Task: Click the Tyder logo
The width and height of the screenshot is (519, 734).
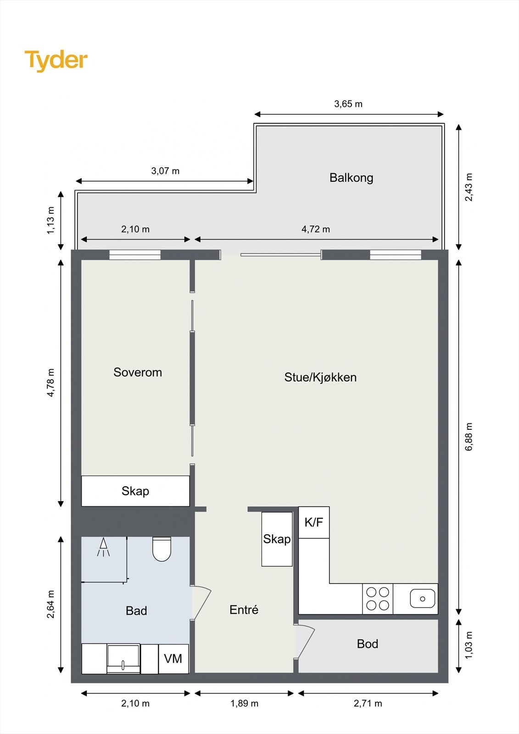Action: (x=56, y=61)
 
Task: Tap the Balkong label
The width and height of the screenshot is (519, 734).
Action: (x=351, y=178)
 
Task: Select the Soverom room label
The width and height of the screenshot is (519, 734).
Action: (x=138, y=373)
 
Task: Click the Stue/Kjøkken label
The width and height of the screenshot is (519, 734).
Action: (x=320, y=378)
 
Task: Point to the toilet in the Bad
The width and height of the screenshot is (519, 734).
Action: (x=162, y=549)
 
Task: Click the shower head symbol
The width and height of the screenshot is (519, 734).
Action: (x=104, y=547)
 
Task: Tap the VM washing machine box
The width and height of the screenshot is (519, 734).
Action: (x=173, y=659)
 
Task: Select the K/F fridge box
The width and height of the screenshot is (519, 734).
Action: (x=314, y=523)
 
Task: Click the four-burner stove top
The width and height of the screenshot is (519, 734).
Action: (x=378, y=599)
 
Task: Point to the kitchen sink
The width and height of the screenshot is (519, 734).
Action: (x=423, y=599)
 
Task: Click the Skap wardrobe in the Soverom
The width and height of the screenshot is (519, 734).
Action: (x=135, y=491)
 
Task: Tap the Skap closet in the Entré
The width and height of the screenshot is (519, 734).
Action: (x=277, y=539)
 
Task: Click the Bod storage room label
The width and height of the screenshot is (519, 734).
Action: (x=368, y=644)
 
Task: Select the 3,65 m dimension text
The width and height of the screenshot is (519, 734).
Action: (x=348, y=104)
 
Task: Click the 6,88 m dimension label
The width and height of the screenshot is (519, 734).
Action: (x=469, y=437)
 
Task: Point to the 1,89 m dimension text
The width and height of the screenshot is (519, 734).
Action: (x=244, y=703)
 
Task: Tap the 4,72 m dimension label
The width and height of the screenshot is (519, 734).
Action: (x=316, y=229)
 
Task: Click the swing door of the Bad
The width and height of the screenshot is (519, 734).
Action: (x=201, y=603)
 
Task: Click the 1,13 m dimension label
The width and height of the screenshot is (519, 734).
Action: (x=51, y=220)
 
